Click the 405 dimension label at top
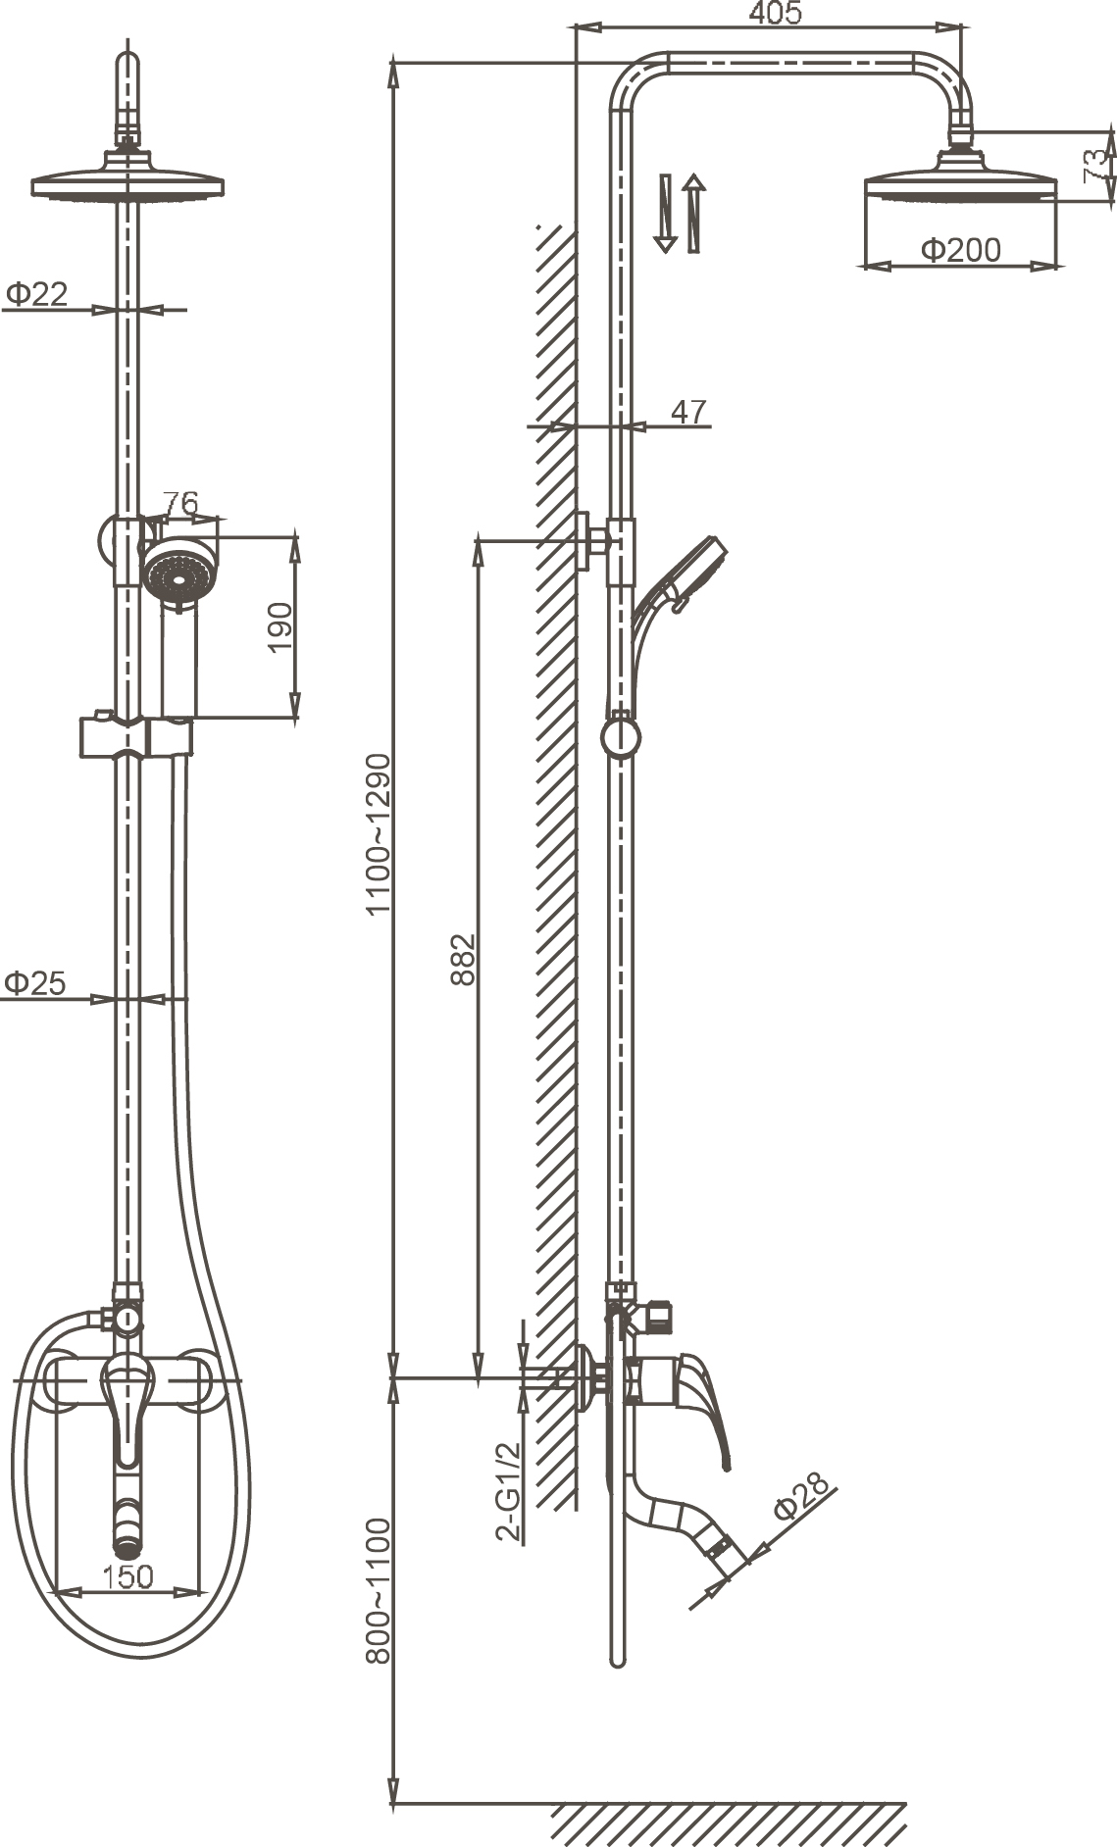(775, 13)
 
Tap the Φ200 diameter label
(960, 251)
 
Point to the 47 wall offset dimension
(688, 412)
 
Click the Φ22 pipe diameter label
(36, 293)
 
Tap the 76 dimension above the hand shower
(180, 504)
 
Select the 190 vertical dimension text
(280, 627)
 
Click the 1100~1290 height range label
(379, 833)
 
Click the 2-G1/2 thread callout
(508, 1492)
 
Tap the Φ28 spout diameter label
(800, 1498)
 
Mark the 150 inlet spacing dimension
(128, 1575)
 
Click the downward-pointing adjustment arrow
(665, 214)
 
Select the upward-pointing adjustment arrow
(694, 214)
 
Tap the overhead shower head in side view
(959, 185)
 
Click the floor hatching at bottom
(726, 1823)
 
